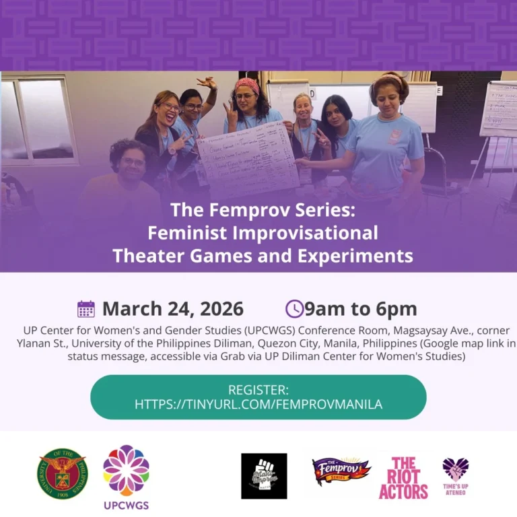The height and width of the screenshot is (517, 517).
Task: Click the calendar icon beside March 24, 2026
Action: tap(86, 309)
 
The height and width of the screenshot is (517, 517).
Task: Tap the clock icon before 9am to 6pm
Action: tap(294, 309)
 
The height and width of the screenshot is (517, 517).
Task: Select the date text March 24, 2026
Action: tap(172, 309)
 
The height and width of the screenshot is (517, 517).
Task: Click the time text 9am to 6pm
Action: tap(361, 309)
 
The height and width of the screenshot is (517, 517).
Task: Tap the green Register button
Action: tap(258, 397)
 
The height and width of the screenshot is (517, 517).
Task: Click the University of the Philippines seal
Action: tap(62, 474)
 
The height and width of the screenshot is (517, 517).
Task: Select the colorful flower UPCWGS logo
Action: tap(126, 470)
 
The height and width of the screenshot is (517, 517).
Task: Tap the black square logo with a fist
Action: tap(264, 476)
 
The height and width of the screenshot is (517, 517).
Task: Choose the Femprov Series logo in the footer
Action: tap(341, 471)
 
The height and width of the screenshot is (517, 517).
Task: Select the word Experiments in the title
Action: tap(357, 256)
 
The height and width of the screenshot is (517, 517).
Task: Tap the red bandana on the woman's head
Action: tap(246, 85)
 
